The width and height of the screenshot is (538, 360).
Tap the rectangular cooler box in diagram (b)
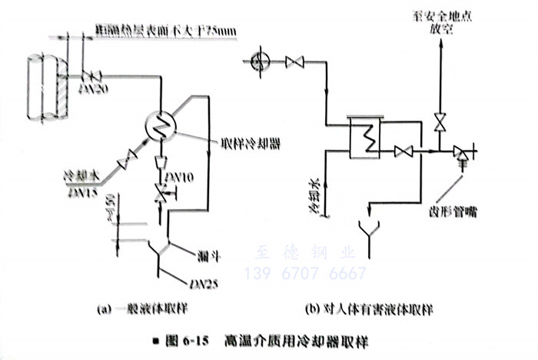(367, 138)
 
